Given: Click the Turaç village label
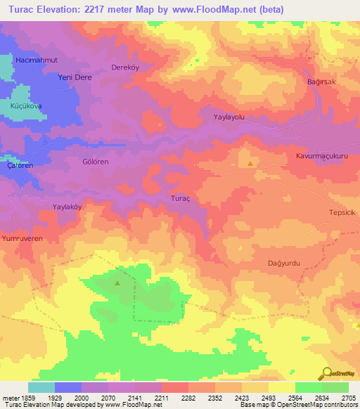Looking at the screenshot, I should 181,199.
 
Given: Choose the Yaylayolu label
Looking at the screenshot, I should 229,118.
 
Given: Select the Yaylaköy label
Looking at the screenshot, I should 68,207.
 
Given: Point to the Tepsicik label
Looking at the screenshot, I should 343,213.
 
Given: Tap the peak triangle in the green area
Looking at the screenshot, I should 117,284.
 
